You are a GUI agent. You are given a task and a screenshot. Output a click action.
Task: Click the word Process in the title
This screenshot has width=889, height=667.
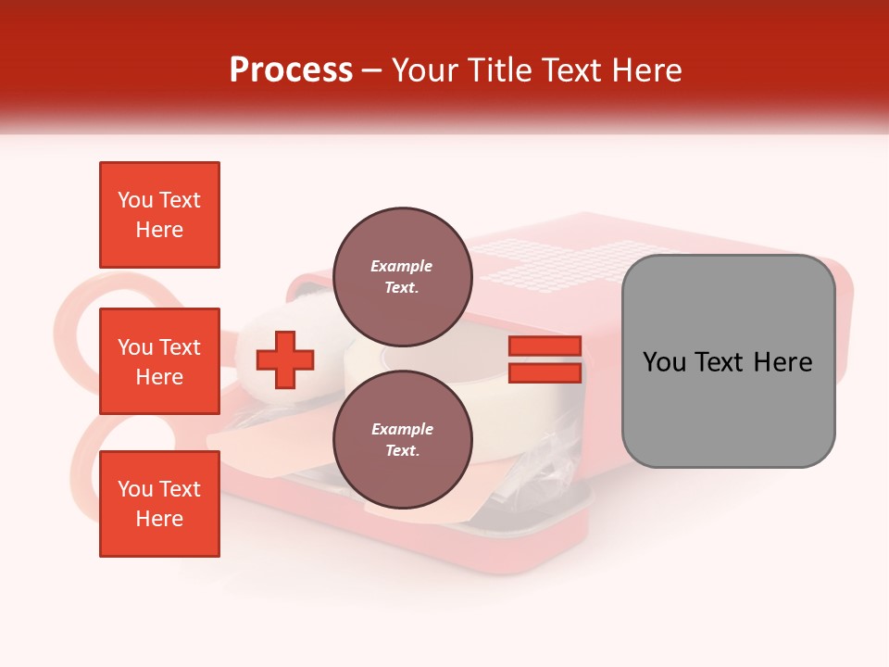(x=291, y=70)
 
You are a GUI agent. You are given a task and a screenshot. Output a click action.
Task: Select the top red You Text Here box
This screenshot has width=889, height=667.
(x=159, y=215)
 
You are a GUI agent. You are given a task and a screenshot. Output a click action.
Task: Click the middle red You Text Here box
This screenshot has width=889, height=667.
(x=159, y=361)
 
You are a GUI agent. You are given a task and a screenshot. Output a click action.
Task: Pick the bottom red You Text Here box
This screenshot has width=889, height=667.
(x=159, y=504)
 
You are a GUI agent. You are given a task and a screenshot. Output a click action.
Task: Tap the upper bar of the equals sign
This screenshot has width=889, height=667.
(x=545, y=346)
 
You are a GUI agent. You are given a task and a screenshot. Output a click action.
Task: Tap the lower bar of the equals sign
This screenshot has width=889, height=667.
(x=545, y=372)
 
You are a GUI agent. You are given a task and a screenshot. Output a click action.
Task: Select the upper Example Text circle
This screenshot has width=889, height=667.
(x=402, y=276)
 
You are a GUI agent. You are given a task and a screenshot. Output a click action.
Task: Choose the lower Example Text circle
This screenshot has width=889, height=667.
(x=402, y=439)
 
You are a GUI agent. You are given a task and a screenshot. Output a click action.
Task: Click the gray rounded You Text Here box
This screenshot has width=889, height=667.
(x=728, y=361)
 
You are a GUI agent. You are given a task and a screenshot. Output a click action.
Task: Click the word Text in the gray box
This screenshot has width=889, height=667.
(x=727, y=362)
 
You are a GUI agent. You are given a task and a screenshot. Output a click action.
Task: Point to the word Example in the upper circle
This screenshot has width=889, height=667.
(x=402, y=266)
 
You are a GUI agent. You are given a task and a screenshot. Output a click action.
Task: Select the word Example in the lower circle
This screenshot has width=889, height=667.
(x=402, y=429)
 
